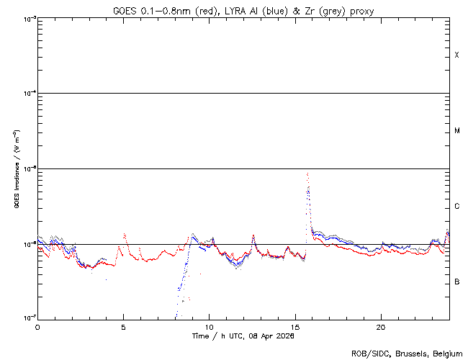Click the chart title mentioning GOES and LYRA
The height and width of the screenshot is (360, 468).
[243, 10]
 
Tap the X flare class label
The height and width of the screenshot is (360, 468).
[457, 55]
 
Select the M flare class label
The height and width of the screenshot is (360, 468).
[457, 131]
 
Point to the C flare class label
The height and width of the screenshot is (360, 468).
[457, 207]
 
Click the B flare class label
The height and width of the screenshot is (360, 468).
[457, 282]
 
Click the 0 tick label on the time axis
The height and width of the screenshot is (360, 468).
[37, 326]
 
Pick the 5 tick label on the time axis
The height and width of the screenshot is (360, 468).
[123, 326]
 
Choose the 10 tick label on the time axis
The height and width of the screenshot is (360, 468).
[209, 326]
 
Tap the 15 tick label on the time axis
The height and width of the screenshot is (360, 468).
[295, 326]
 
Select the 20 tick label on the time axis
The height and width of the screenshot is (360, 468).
[381, 326]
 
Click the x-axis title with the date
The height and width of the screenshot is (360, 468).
[243, 336]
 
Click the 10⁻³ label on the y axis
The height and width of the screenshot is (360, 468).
[29, 19]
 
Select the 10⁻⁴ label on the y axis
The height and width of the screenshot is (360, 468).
[29, 94]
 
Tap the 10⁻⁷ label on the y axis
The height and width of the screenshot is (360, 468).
[29, 318]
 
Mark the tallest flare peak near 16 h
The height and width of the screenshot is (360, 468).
[307, 174]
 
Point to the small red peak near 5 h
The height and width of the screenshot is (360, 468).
[125, 234]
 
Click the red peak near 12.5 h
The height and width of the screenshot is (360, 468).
[253, 235]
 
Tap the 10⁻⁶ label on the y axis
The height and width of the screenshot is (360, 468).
[29, 243]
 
